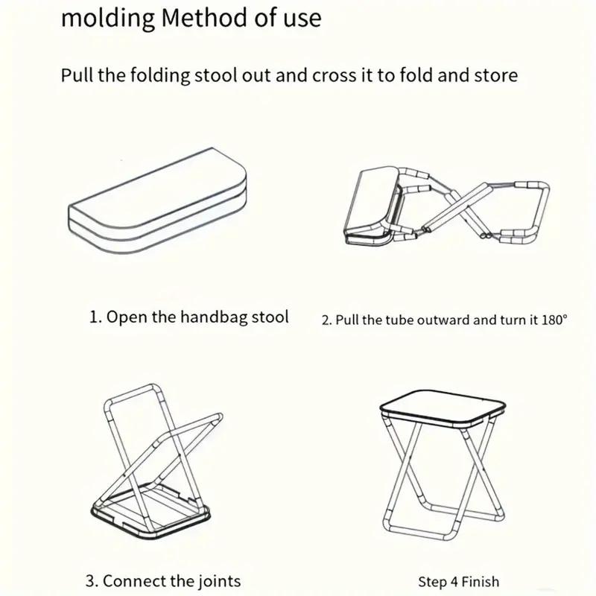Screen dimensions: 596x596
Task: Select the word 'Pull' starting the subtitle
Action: [x=76, y=76]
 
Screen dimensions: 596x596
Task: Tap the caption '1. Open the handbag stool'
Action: [x=188, y=317]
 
